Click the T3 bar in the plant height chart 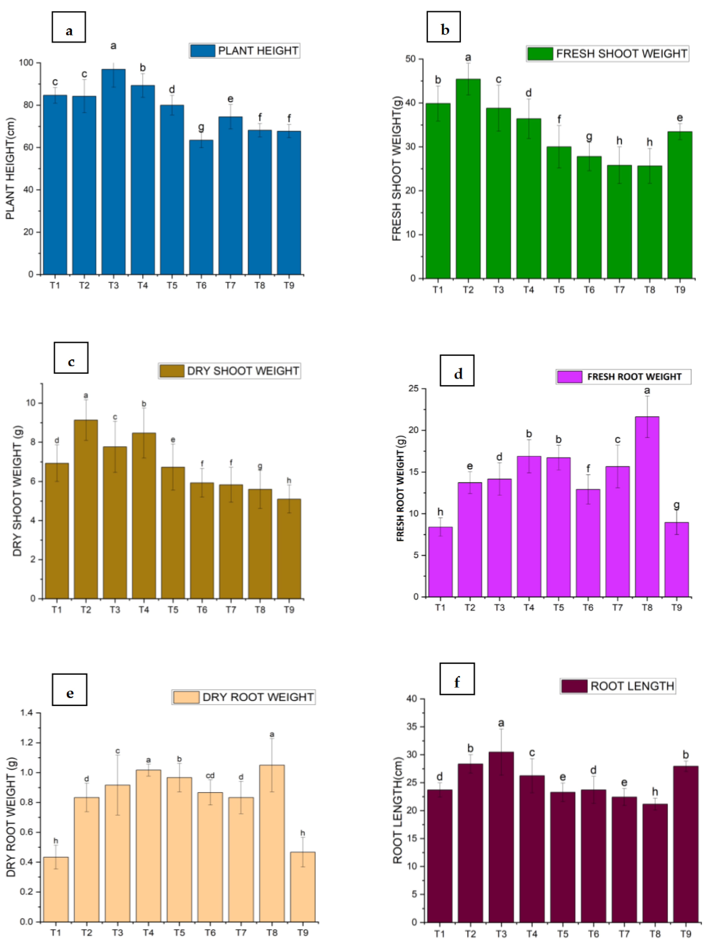coord(113,171)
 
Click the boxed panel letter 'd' coord(457,370)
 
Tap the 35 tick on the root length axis coord(411,727)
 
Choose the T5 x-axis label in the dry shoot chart coord(173,610)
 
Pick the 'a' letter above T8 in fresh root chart coord(647,391)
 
